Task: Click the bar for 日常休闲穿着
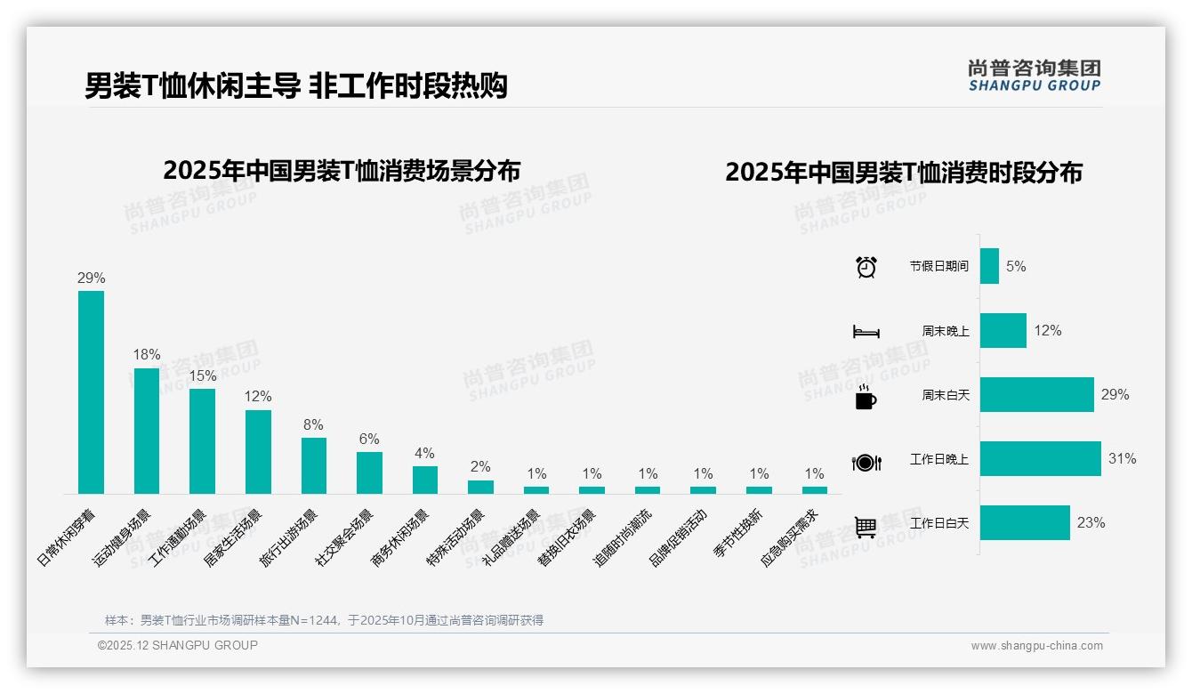pos(91,391)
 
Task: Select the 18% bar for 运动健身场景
pos(147,431)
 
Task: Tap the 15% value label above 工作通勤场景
pos(202,376)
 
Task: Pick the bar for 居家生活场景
pos(258,451)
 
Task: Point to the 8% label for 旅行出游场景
pos(313,425)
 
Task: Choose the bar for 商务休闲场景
pos(425,480)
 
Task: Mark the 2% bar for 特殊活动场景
pos(480,487)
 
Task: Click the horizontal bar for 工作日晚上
pos(1040,459)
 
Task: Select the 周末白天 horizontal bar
pos(1036,395)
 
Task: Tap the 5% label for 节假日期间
pos(1016,266)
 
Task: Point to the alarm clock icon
pos(866,267)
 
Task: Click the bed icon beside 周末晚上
pos(866,332)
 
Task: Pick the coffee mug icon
pos(866,398)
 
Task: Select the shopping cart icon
pos(866,527)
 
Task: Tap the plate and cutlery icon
pos(866,463)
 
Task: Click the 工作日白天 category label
pos(939,523)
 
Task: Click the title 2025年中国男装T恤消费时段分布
pos(904,173)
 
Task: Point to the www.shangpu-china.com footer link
pos(1036,646)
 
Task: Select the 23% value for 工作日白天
pos(1091,523)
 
